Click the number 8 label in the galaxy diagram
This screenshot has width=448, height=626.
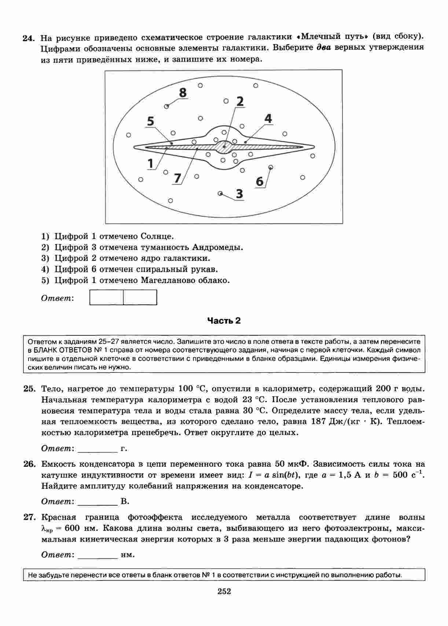(183, 93)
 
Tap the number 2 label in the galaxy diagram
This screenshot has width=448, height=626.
(240, 101)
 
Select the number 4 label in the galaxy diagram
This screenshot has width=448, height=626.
(268, 119)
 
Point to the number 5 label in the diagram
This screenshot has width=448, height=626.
(150, 121)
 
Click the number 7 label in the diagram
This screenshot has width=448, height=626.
(177, 178)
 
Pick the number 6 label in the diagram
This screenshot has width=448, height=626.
(260, 181)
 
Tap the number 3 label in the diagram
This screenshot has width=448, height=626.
(239, 193)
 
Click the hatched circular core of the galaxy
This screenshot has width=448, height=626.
(224, 147)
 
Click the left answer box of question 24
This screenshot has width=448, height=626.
(106, 297)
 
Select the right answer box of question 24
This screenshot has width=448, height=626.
(140, 297)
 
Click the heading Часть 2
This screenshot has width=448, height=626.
(224, 321)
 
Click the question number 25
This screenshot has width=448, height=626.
(29, 389)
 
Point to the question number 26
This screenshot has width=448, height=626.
(29, 464)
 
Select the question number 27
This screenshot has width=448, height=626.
(29, 517)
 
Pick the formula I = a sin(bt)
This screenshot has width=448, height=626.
(272, 475)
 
